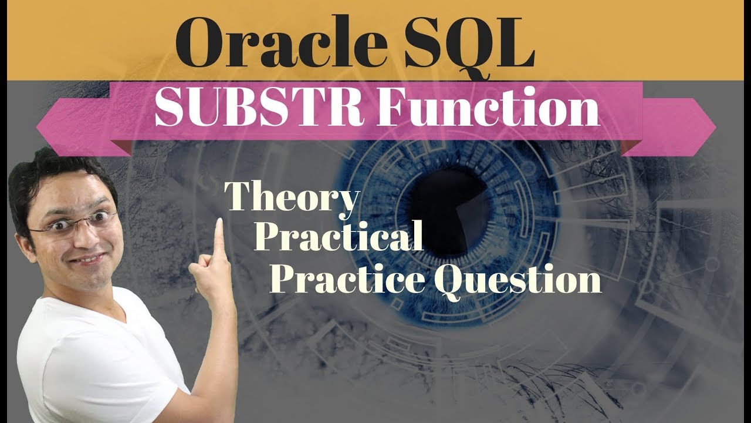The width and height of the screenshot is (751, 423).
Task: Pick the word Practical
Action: (339, 237)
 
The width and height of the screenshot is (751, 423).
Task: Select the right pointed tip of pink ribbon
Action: (715, 126)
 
